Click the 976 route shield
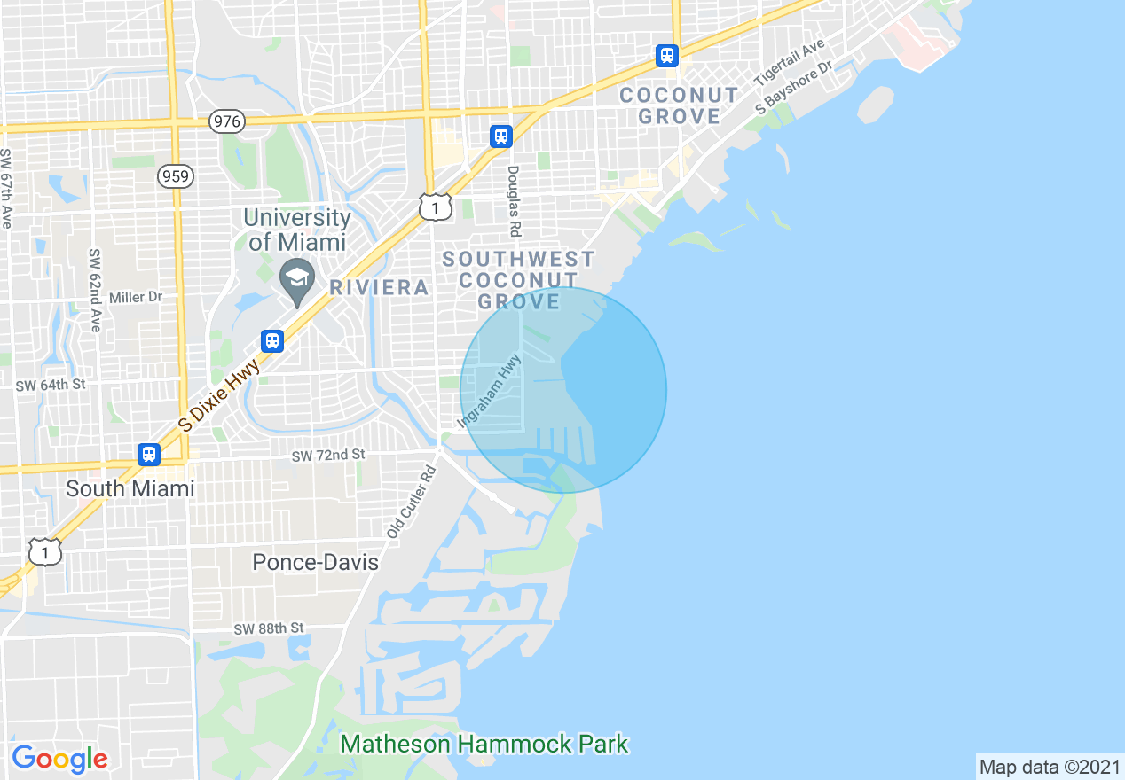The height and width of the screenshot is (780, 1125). click(227, 121)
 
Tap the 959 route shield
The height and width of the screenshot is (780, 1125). click(176, 176)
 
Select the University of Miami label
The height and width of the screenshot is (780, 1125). click(297, 230)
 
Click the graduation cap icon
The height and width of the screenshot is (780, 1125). click(296, 277)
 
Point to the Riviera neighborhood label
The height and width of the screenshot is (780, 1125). click(379, 287)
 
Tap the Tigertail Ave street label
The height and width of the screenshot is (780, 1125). click(789, 62)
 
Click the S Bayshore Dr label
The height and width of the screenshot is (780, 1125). click(795, 88)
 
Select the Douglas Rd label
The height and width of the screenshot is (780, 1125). click(513, 201)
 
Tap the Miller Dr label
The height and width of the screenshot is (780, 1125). click(136, 298)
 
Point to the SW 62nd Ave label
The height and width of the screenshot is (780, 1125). click(95, 290)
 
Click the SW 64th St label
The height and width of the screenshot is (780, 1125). click(51, 385)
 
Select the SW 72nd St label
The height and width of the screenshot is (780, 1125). click(328, 455)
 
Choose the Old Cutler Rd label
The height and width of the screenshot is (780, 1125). click(412, 501)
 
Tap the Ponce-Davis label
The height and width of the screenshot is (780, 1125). click(315, 562)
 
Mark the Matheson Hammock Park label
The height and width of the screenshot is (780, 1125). click(484, 744)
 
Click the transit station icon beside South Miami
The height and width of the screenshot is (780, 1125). click(149, 455)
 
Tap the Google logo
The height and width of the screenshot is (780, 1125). click(59, 759)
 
